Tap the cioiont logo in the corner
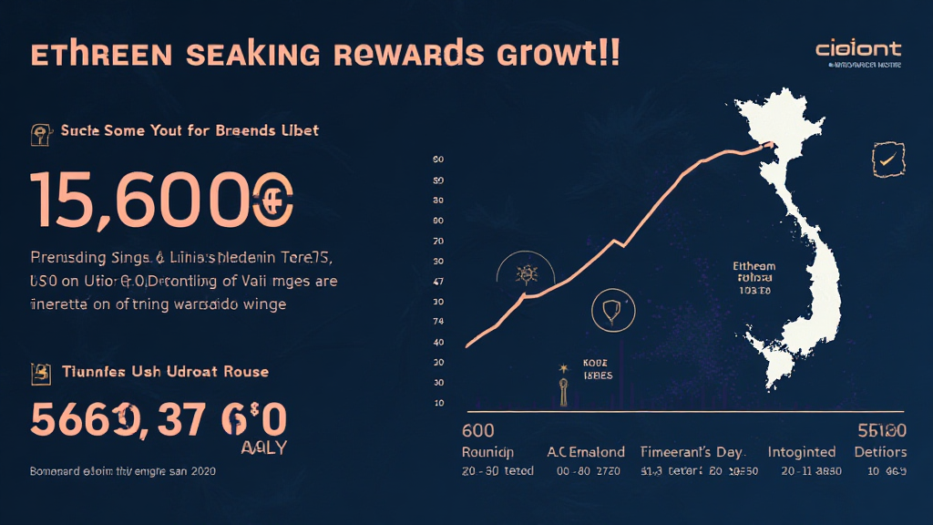click(x=858, y=48)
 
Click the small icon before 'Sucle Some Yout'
click(x=41, y=133)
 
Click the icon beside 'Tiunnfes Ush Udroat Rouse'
click(x=41, y=372)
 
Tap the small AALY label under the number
click(x=263, y=448)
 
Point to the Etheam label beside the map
click(x=754, y=266)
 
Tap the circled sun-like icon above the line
click(x=526, y=273)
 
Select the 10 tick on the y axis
click(x=438, y=402)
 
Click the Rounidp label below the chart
click(x=487, y=452)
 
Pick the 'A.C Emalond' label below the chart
click(x=586, y=452)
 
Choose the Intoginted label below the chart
click(x=801, y=452)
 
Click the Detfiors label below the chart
click(x=880, y=452)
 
